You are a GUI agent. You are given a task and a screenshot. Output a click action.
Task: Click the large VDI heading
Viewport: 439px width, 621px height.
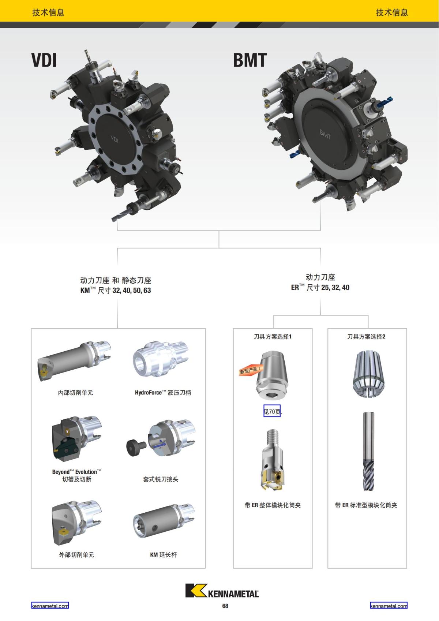pos(44,60)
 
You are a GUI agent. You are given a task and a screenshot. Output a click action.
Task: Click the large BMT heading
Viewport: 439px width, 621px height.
pos(250,60)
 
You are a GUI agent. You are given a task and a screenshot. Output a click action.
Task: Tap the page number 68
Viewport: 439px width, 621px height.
pos(225,606)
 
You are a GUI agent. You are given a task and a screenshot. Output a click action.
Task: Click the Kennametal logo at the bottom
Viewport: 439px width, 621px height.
pos(222,590)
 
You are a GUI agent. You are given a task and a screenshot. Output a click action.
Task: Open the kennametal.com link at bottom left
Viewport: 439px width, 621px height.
pos(50,606)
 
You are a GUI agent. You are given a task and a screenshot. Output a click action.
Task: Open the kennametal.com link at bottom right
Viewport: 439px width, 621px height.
pos(389,606)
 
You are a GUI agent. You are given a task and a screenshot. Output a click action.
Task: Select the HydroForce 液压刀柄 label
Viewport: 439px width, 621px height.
pos(163,393)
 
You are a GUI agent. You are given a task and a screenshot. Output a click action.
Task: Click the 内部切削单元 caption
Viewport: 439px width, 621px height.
pos(75,393)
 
